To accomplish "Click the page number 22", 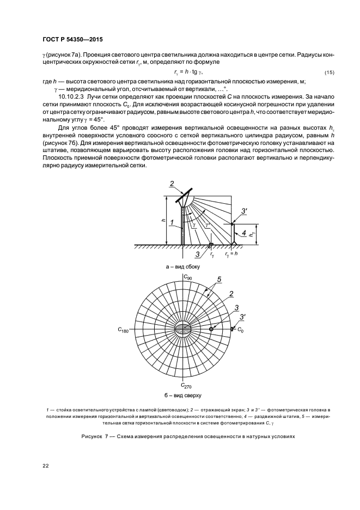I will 45,465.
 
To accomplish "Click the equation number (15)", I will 328,73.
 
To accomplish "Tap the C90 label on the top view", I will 187,278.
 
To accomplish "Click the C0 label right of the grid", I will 240,330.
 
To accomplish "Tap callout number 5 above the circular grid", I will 219,280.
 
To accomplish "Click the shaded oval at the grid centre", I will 183,329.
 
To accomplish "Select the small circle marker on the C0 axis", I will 211,329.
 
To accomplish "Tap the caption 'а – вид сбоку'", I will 183,266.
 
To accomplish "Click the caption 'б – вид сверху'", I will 183,394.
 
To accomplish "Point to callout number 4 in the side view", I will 244,233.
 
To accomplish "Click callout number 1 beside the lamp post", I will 172,222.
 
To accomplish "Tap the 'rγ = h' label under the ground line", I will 231,254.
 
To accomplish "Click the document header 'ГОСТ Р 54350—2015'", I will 72,40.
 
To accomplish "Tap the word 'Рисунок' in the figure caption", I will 93,436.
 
